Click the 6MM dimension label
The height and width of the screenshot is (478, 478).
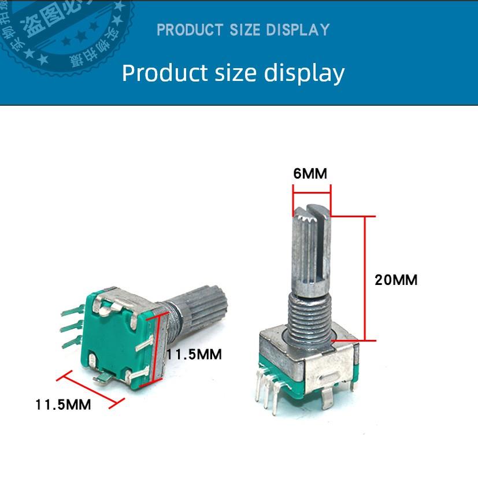coord(310,173)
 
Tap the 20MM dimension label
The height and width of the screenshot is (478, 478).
coord(396,280)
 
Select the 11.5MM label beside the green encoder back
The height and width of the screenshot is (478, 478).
coord(194,354)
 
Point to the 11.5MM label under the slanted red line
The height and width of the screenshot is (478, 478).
coord(63,405)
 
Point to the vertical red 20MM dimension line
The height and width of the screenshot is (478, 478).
coord(365,277)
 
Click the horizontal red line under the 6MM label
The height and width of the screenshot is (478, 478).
coord(312,192)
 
